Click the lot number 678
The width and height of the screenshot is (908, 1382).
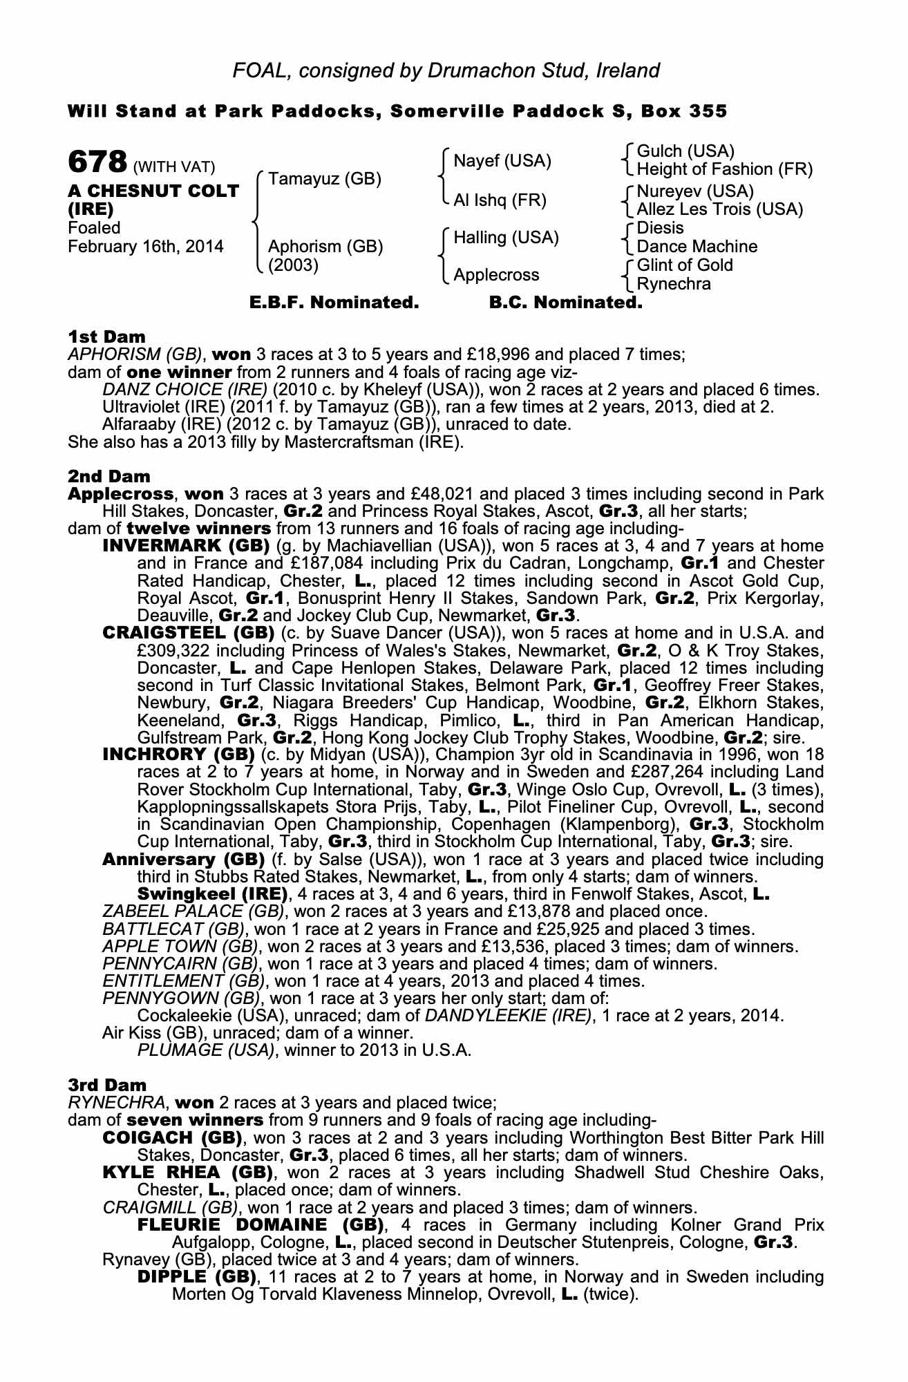[x=97, y=163]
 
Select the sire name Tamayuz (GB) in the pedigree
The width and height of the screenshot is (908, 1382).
[x=324, y=179]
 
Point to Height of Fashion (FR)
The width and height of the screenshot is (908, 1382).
[x=724, y=169]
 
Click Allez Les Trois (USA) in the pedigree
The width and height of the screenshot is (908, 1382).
[x=719, y=209]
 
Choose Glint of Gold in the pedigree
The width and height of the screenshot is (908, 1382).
[x=684, y=265]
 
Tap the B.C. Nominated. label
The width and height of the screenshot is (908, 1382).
[x=565, y=303]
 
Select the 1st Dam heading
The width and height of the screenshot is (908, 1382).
[x=106, y=337]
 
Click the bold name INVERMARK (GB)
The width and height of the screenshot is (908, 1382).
[x=185, y=546]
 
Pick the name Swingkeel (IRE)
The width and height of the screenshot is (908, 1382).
[x=212, y=894]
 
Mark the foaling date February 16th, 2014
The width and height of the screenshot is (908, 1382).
[x=146, y=247]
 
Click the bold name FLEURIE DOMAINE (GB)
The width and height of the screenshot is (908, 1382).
[x=261, y=1225]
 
